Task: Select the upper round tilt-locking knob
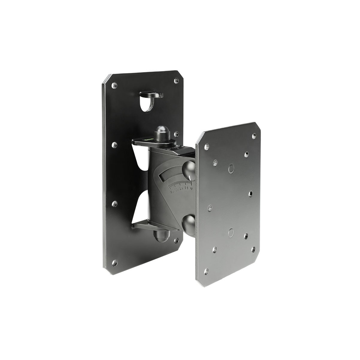189,170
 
